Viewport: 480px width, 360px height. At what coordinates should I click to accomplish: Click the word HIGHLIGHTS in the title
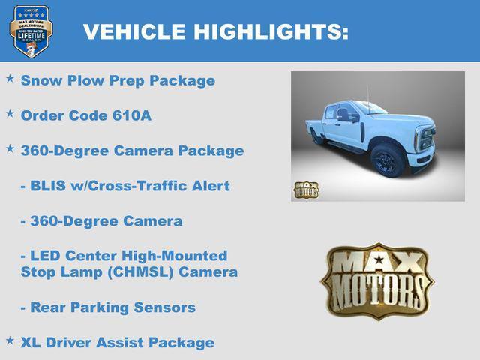(x=271, y=31)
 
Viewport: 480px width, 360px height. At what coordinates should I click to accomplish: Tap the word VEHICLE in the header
(x=134, y=31)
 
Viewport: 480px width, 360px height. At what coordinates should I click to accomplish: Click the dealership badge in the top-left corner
(x=31, y=31)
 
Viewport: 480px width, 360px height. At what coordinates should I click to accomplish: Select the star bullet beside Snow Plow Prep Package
(x=10, y=78)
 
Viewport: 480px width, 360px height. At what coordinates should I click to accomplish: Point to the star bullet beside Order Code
(x=10, y=113)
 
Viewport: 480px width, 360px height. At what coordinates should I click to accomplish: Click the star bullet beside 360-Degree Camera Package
(x=10, y=148)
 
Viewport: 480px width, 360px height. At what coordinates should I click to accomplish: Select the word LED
(x=47, y=255)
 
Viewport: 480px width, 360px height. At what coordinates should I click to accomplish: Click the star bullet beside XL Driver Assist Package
(x=10, y=340)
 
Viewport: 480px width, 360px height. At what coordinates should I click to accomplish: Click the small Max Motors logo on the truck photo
(x=306, y=190)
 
